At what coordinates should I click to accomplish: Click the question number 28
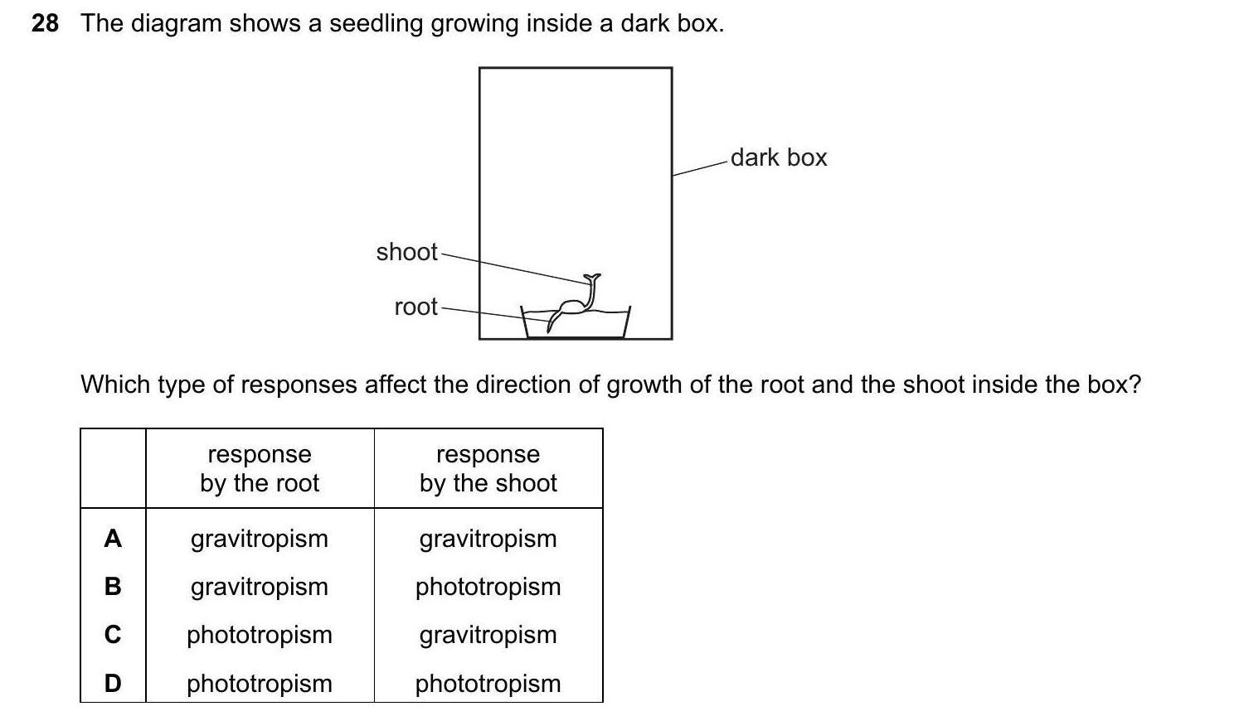pyautogui.click(x=45, y=23)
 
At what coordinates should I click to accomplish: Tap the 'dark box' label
pyautogui.click(x=778, y=157)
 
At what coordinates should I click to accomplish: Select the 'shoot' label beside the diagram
pyautogui.click(x=406, y=252)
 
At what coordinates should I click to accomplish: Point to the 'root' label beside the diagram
pyautogui.click(x=415, y=307)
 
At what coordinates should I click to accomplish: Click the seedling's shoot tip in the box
pyautogui.click(x=591, y=278)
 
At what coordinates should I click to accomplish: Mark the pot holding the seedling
pyautogui.click(x=576, y=325)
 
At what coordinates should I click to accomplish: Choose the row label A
pyautogui.click(x=113, y=539)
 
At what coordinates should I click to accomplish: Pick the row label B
pyautogui.click(x=113, y=587)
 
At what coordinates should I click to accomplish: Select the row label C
pyautogui.click(x=113, y=635)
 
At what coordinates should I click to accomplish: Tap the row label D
pyautogui.click(x=113, y=683)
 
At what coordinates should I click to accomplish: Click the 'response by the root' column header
pyautogui.click(x=260, y=468)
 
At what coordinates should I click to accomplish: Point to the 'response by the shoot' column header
pyautogui.click(x=488, y=468)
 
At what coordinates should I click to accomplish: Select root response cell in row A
pyautogui.click(x=260, y=539)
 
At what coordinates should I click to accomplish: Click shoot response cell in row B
pyautogui.click(x=488, y=587)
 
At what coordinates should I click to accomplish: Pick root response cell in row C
pyautogui.click(x=260, y=635)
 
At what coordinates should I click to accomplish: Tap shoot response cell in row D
pyautogui.click(x=488, y=683)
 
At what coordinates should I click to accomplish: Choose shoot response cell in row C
pyautogui.click(x=488, y=635)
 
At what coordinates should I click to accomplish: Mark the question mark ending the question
pyautogui.click(x=1135, y=385)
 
